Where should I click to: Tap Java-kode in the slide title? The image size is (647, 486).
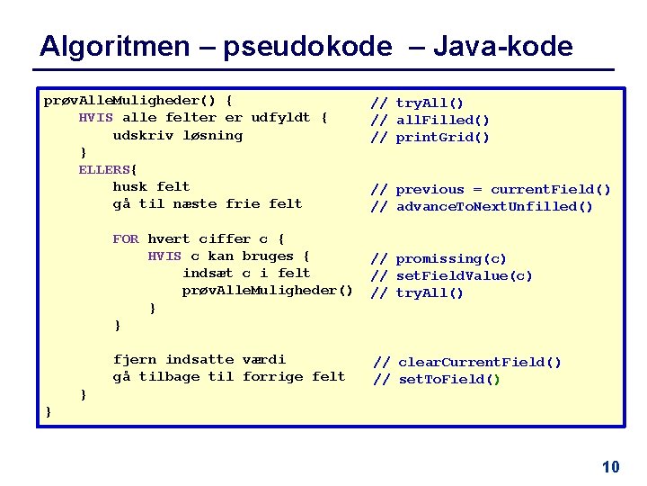point(502,46)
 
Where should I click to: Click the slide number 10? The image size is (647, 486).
point(611,466)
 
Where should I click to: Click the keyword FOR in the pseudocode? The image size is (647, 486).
point(126,238)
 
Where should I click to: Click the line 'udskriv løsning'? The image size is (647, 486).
point(178,135)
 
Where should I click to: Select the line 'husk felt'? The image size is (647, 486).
point(151,186)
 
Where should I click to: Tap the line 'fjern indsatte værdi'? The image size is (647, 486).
point(199,359)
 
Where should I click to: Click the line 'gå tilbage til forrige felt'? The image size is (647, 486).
point(229,376)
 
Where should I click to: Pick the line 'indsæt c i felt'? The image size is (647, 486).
point(246,273)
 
